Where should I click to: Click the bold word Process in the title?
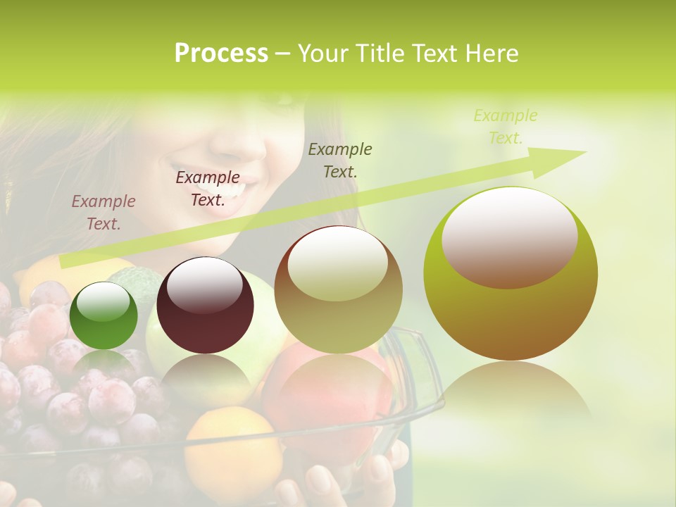pos(221,53)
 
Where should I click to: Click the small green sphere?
pos(104,315)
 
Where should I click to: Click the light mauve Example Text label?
pos(103,212)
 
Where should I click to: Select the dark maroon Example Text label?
pos(207,188)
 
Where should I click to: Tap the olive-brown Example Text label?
pos(340,160)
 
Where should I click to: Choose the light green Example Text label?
pos(505,126)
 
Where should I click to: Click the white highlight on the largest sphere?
pos(509,237)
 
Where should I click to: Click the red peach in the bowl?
pos(331,394)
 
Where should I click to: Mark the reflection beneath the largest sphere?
pos(511,394)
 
